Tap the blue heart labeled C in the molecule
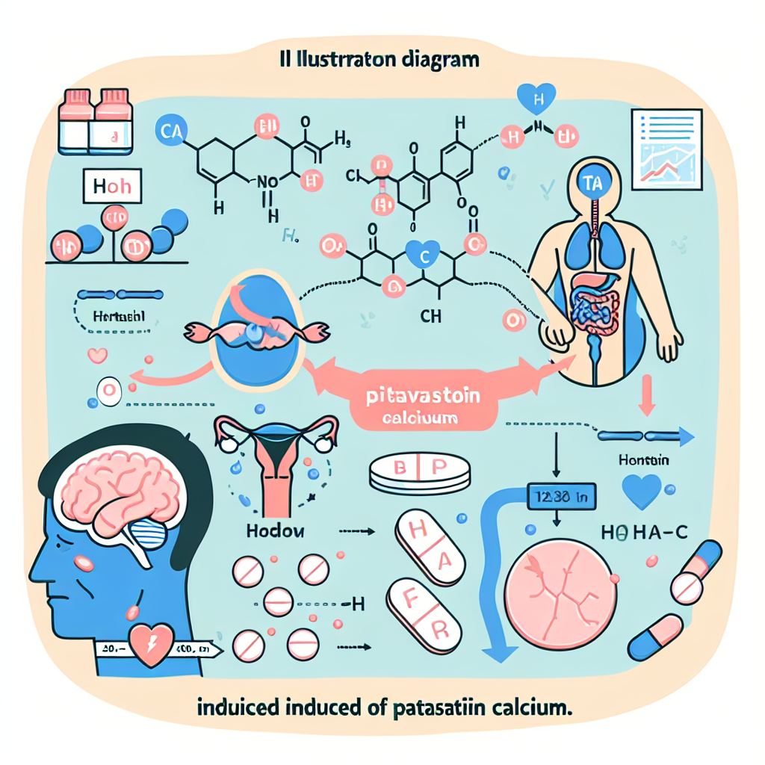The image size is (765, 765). pos(423,257)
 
